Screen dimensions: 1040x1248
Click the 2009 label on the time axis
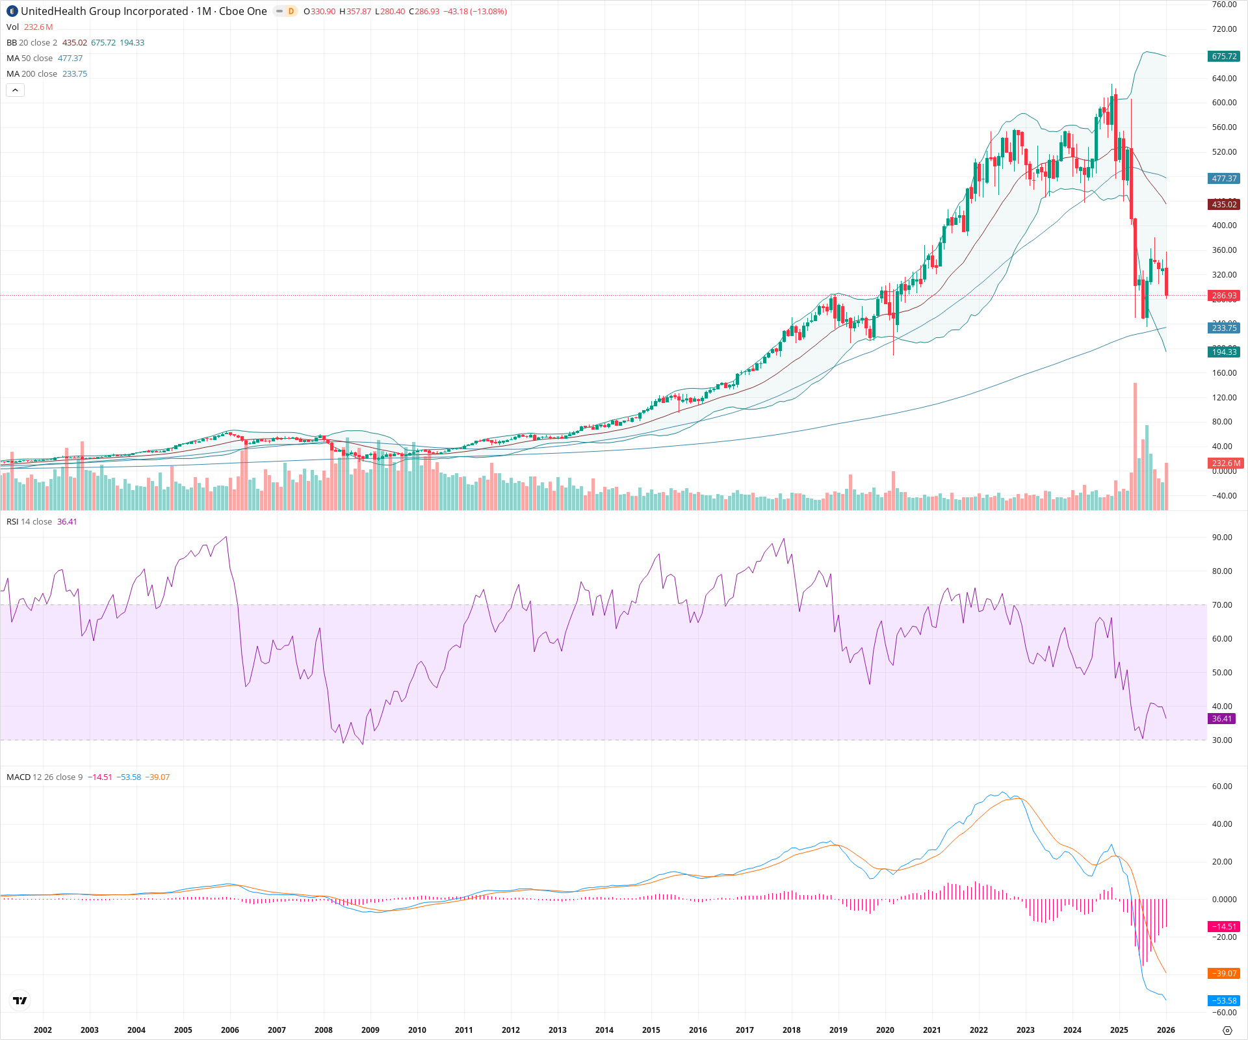[x=370, y=1030]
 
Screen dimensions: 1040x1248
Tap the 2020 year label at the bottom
[x=885, y=1030]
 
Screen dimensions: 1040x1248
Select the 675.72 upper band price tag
[x=1224, y=57]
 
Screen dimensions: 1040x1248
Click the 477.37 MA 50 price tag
[x=1224, y=179]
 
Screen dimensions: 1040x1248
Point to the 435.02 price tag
[x=1224, y=205]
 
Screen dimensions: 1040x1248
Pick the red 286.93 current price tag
[x=1224, y=296]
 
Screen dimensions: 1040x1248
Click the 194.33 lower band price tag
[x=1224, y=352]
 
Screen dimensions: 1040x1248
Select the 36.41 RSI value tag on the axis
[x=1222, y=719]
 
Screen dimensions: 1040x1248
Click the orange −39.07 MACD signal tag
[x=1224, y=974]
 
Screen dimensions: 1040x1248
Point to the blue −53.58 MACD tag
[x=1224, y=1001]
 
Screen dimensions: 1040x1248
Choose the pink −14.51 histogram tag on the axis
[x=1224, y=927]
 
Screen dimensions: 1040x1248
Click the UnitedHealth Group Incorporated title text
[x=105, y=11]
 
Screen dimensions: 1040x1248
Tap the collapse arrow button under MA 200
[x=15, y=90]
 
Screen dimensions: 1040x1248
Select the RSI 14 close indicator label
[x=29, y=522]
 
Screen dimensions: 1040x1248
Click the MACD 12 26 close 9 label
[x=44, y=777]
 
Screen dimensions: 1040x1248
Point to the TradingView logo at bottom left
[x=20, y=1000]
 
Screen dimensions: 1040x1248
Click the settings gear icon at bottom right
[x=1227, y=1030]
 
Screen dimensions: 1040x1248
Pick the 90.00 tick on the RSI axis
[x=1222, y=538]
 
